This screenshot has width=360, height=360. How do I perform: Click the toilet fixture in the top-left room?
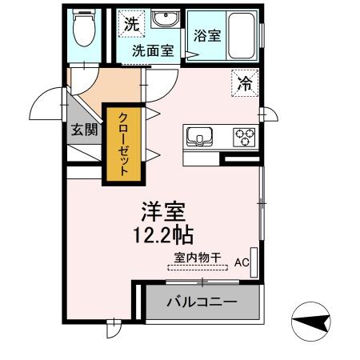[82, 31]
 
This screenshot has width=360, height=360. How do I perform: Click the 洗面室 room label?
[153, 50]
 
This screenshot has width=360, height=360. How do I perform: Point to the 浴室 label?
[207, 35]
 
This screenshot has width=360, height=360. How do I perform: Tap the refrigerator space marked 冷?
[246, 82]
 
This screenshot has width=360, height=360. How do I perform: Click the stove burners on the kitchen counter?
[243, 137]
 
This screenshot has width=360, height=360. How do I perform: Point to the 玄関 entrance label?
[82, 130]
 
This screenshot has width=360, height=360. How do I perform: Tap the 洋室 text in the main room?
[163, 211]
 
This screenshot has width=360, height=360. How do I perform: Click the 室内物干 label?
[198, 258]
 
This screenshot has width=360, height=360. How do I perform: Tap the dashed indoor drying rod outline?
[198, 267]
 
